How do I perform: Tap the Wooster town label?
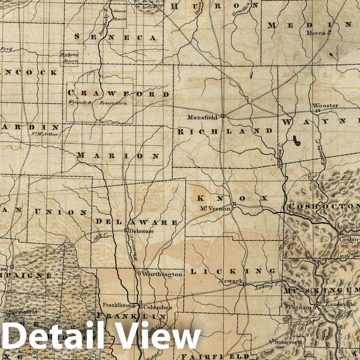tap(325, 106)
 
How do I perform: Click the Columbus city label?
tap(158, 307)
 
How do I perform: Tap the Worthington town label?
tap(161, 274)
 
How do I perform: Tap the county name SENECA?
tap(118, 37)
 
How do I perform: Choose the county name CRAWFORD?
tap(119, 94)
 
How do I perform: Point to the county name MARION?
tap(118, 155)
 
